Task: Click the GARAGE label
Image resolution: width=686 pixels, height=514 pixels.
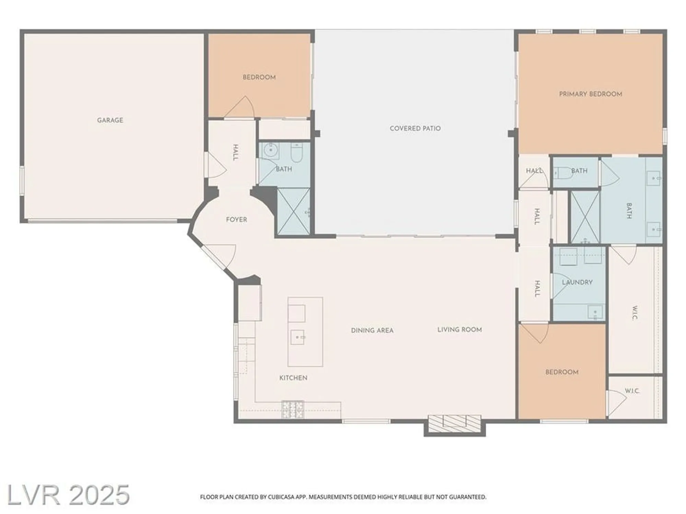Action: [110, 120]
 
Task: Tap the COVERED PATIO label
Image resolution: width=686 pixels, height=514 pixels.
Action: [415, 128]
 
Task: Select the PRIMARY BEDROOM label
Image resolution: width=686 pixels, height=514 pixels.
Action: [590, 94]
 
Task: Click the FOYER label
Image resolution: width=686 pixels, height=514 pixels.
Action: [236, 219]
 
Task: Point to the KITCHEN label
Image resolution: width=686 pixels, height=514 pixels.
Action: [293, 378]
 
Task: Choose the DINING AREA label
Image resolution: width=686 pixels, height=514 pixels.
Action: [372, 330]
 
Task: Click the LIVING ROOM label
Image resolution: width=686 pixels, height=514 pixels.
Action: [460, 330]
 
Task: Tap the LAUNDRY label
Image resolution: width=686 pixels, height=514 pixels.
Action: [577, 282]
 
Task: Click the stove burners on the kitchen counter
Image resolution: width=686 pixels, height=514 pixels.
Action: [293, 409]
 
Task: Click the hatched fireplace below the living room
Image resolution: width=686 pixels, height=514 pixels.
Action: [454, 424]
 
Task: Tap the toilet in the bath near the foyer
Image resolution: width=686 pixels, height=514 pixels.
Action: [296, 152]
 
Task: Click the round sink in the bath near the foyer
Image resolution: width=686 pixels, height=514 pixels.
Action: [271, 150]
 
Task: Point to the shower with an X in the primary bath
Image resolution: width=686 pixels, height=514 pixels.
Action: [585, 217]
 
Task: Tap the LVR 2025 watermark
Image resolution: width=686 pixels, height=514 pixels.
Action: [68, 495]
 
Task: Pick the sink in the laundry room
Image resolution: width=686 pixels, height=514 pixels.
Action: [595, 312]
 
